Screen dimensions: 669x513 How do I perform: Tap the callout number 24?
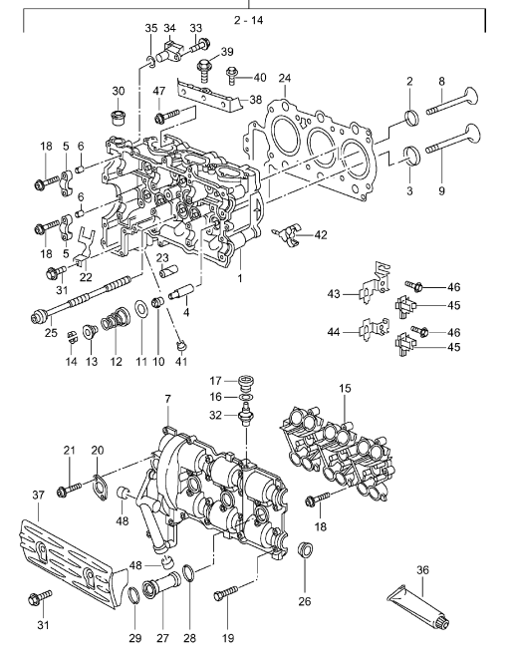point(285,78)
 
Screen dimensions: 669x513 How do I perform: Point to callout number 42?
point(320,235)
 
